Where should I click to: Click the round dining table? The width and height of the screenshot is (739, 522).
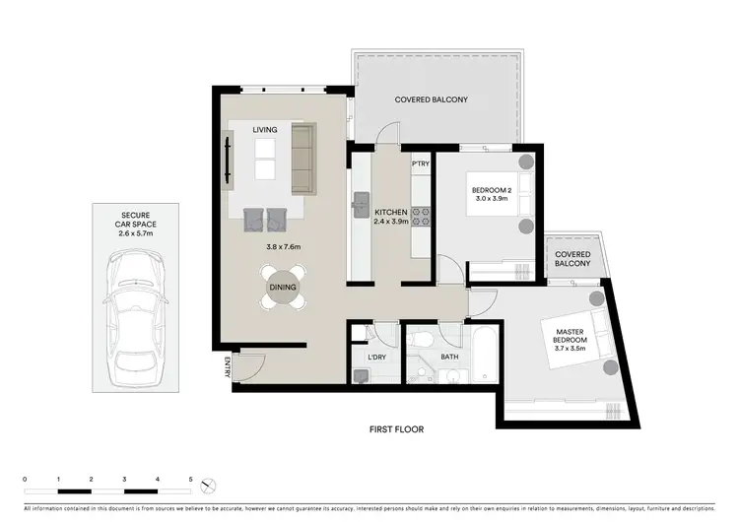click(283, 287)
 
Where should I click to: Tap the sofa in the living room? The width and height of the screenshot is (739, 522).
click(302, 159)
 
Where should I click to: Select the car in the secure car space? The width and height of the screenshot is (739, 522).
click(135, 300)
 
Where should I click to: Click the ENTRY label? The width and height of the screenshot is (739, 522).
click(226, 368)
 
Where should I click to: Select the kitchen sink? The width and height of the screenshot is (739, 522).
click(360, 204)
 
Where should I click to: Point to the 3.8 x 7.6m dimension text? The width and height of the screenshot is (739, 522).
click(282, 247)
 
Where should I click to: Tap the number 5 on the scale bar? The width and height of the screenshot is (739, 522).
click(191, 480)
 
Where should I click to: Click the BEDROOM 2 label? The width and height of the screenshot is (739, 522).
click(492, 189)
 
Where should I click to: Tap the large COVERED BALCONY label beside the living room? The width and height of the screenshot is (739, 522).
click(431, 100)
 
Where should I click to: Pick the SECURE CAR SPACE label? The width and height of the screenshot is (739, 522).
click(135, 221)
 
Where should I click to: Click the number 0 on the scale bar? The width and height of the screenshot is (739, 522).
click(25, 480)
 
